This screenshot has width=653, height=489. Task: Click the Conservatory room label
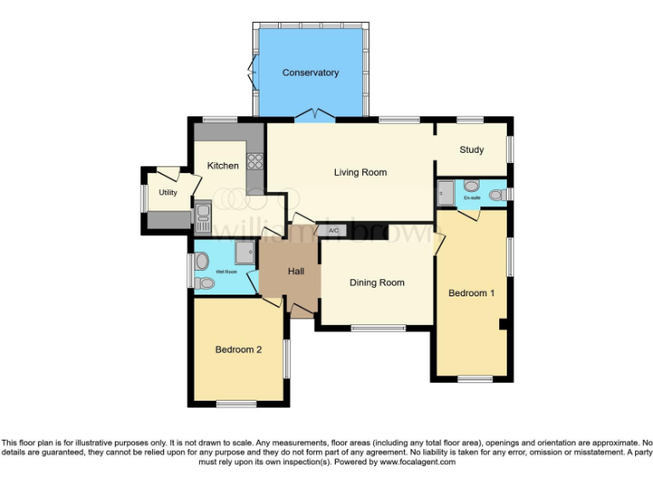coord(310,73)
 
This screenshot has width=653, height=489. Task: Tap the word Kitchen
coord(223,166)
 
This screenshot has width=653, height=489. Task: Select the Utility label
coord(168,193)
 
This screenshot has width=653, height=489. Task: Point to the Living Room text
coord(360,172)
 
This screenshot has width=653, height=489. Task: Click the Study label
coord(471,150)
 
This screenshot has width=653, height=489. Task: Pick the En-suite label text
coord(472,198)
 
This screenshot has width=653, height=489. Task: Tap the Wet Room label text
coord(225,272)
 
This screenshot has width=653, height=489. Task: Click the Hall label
coord(296,271)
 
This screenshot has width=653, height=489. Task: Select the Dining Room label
coord(377,283)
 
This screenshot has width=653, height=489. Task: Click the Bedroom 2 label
coord(238,349)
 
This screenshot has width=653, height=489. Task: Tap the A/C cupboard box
coord(332,231)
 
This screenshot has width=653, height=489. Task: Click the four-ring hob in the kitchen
coord(255,160)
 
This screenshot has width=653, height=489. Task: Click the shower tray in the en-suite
coord(446,194)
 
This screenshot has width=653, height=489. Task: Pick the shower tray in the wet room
coord(247,252)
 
